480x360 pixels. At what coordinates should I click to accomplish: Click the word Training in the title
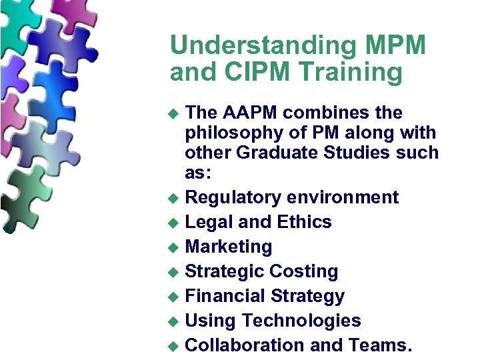(351, 73)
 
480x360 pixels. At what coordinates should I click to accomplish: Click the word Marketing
(229, 247)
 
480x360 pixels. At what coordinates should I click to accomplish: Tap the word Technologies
(301, 321)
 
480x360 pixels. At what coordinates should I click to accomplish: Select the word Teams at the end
(379, 345)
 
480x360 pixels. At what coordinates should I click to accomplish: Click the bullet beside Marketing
(174, 248)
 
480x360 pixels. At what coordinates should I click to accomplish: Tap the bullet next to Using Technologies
(174, 322)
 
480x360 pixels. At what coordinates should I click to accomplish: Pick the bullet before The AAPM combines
(174, 113)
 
